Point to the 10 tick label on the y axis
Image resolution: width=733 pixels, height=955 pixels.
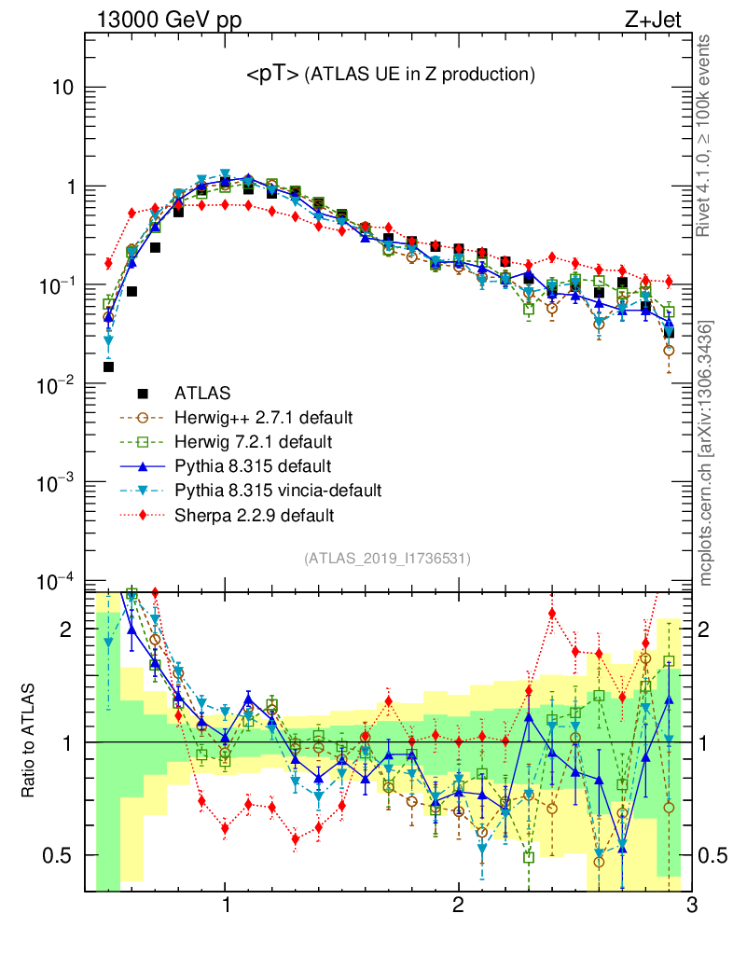(x=62, y=88)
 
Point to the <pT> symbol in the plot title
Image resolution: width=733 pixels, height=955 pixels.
(x=272, y=76)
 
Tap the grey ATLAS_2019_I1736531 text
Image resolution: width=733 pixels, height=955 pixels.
(x=387, y=560)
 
